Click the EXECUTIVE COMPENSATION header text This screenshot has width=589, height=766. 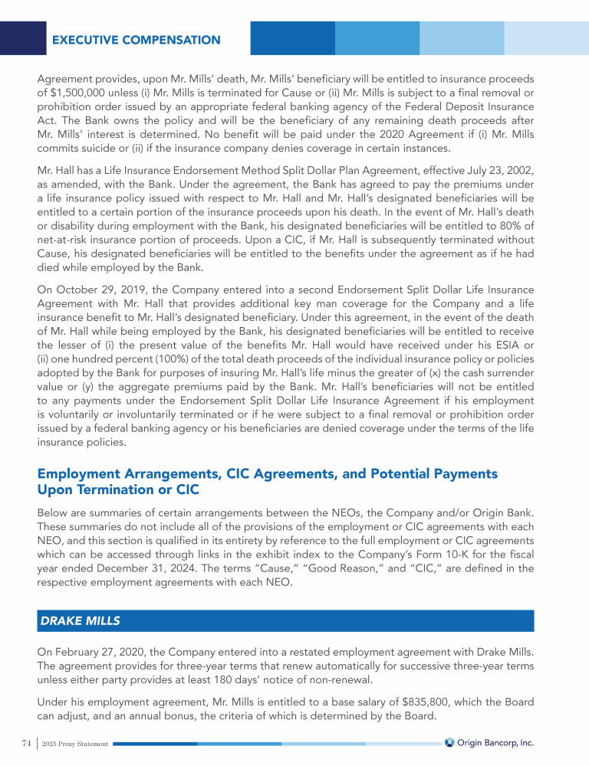(x=136, y=40)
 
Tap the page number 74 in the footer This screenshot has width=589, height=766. (x=26, y=742)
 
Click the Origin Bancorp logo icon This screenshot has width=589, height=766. (x=449, y=742)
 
